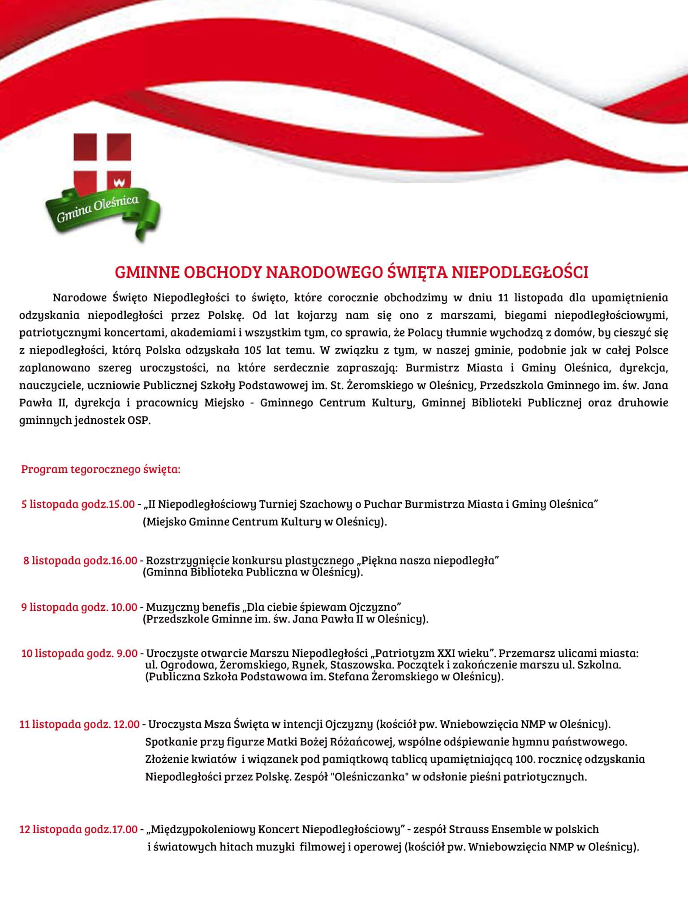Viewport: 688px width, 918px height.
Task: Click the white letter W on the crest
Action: point(119,182)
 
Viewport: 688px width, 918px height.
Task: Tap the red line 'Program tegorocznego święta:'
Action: point(101,470)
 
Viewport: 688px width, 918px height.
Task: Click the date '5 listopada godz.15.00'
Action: point(78,504)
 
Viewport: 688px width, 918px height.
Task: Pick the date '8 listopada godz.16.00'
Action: point(80,560)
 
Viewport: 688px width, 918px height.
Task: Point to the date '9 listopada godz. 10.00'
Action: point(79,607)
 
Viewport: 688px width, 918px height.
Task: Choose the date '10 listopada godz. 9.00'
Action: point(79,654)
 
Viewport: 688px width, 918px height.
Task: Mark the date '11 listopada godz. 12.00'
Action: point(79,724)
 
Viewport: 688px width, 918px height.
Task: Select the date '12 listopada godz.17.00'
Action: point(78,829)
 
